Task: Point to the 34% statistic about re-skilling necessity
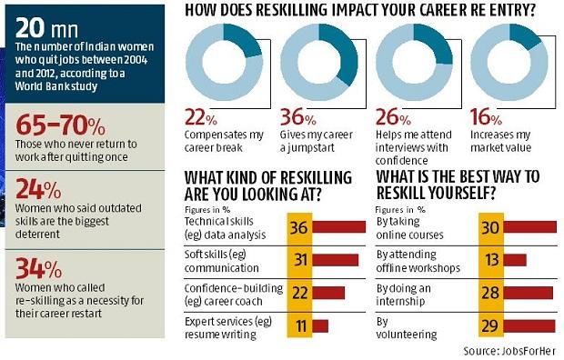click(x=36, y=269)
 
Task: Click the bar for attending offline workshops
click(x=515, y=260)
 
